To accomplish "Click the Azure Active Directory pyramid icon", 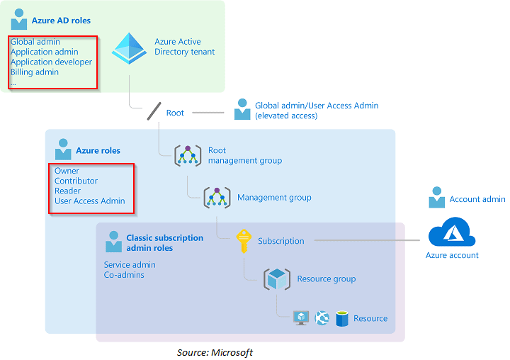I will (129, 48).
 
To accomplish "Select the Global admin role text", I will (35, 42).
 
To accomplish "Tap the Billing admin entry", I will (35, 72).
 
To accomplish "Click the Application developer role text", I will (51, 62).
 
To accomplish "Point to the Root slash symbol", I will (154, 112).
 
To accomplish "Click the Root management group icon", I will (188, 155).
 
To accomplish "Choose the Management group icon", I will (217, 198).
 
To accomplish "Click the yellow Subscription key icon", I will (244, 241).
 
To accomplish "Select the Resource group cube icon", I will (276, 279).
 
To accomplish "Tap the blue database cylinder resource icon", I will (343, 318).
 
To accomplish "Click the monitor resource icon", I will (301, 318).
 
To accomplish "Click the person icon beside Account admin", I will (437, 198).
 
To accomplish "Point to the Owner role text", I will (67, 171).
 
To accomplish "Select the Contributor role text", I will (76, 181).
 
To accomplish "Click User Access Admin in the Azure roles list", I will (90, 201).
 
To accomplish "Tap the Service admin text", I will (130, 265).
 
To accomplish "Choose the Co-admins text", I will (124, 275).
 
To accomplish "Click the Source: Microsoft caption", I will (215, 352).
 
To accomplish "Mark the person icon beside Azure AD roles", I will (19, 21).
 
